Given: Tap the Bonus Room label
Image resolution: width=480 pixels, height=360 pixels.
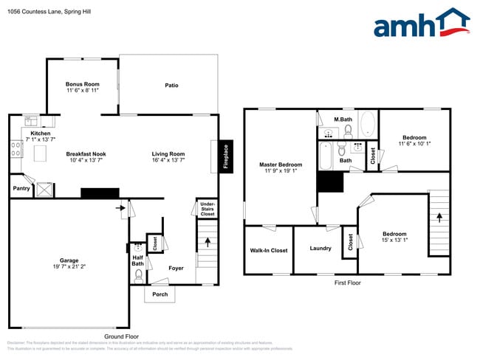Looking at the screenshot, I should (x=83, y=84).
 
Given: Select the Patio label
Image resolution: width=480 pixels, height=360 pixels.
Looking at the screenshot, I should (x=171, y=86).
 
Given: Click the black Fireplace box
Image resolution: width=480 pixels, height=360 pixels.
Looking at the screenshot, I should (x=226, y=156).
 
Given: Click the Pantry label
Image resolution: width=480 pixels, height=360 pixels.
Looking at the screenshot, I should (x=21, y=189).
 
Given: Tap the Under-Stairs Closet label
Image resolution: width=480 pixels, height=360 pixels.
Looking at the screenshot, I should (x=208, y=209).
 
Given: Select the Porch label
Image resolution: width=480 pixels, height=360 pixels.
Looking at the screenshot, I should (x=160, y=294).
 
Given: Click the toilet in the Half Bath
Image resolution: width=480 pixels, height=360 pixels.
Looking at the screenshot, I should (x=138, y=275).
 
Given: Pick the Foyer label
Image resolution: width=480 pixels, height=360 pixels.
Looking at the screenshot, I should (x=176, y=268).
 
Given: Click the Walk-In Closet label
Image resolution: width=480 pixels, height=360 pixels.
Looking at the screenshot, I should (x=269, y=250).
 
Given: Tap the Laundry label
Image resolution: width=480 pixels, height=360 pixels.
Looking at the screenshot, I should (x=320, y=248).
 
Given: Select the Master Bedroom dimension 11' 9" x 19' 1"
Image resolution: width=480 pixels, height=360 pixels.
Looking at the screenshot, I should (x=281, y=170).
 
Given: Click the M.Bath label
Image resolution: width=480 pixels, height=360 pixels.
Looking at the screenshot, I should (x=342, y=119).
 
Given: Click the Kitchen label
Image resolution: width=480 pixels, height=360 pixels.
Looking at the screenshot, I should (x=41, y=133).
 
